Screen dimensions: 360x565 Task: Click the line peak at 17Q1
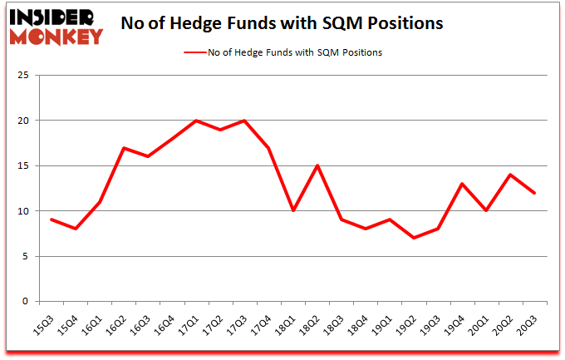(195, 121)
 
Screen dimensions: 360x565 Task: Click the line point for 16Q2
(124, 148)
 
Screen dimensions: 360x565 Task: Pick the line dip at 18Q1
(292, 211)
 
